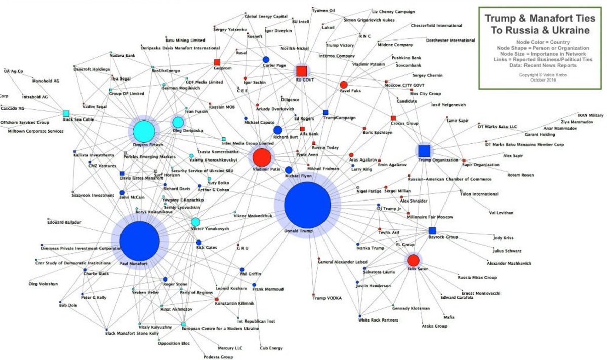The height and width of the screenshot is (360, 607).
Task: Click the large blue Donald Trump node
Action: (x=307, y=205)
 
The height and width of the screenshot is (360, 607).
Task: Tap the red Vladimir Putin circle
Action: (x=262, y=157)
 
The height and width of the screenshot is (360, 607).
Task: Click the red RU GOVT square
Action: (x=302, y=71)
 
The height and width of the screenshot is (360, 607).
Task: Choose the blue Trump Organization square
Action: (x=424, y=150)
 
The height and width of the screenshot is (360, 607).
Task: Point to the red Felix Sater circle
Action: (x=413, y=260)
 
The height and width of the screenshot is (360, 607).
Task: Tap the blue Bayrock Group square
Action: (x=432, y=231)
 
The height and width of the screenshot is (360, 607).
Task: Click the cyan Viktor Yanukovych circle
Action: (x=195, y=222)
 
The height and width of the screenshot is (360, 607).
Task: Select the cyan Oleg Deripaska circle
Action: (x=178, y=122)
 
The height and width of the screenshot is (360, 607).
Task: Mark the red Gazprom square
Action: (x=217, y=63)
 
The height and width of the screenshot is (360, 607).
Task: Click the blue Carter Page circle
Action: (x=266, y=59)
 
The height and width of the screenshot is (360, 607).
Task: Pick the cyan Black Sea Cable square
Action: (x=66, y=113)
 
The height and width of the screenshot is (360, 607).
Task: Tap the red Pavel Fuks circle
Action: (x=344, y=85)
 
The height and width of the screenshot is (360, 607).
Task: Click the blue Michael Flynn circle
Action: (x=289, y=170)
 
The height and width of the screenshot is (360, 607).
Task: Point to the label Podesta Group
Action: (x=218, y=357)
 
